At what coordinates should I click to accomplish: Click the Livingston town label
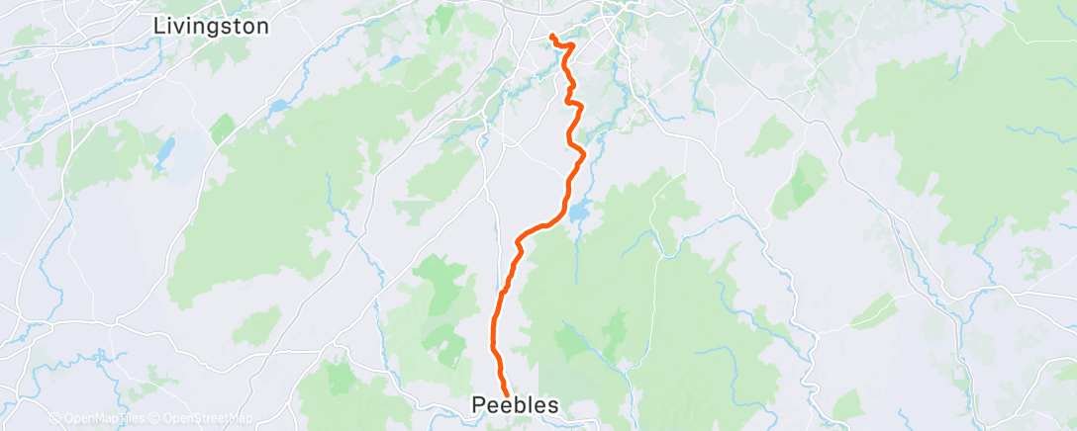(x=212, y=27)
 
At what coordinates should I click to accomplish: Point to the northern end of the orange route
(x=550, y=39)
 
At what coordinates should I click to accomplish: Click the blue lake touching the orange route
(x=579, y=212)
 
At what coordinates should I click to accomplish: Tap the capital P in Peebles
(x=479, y=405)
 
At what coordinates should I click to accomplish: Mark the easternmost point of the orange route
(x=586, y=154)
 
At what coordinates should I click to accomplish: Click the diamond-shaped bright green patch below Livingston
(x=223, y=129)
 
